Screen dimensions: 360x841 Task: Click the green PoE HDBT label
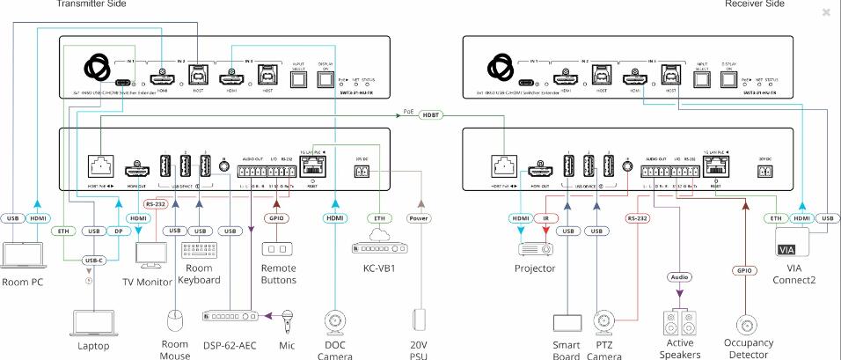click(x=431, y=114)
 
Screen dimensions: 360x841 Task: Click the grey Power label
click(x=420, y=217)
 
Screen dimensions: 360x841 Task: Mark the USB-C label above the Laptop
click(x=95, y=261)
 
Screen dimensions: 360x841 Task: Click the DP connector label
click(x=119, y=231)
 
